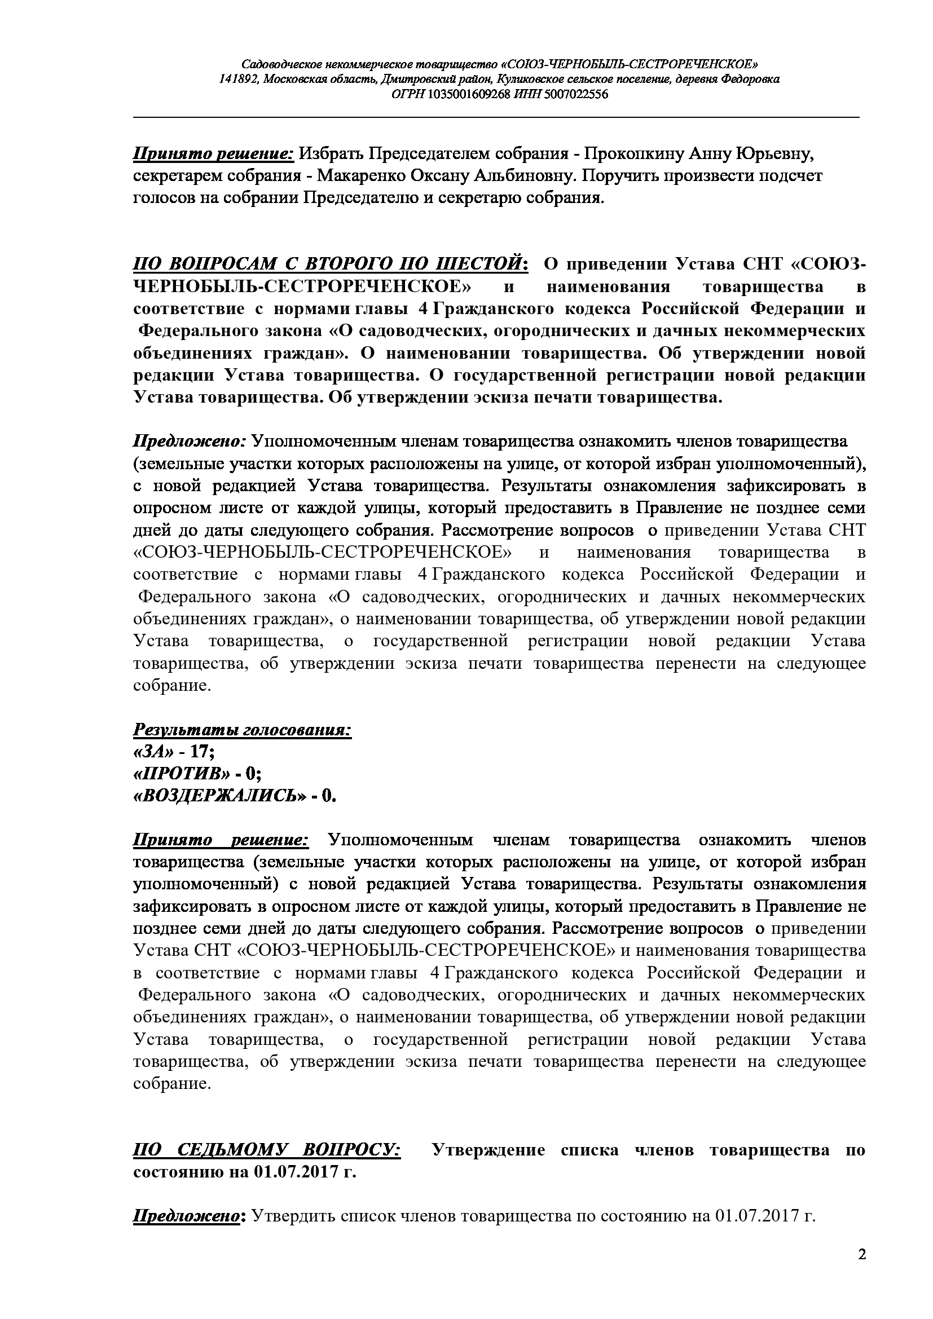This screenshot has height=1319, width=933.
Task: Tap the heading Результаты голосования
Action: click(x=242, y=730)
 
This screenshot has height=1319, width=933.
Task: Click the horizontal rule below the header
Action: click(x=496, y=117)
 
